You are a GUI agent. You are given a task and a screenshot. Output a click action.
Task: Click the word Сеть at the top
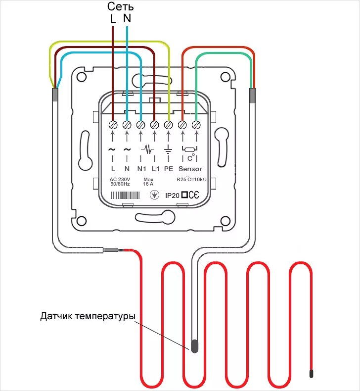pos(120,7)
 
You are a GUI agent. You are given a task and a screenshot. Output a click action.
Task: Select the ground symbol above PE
pos(168,149)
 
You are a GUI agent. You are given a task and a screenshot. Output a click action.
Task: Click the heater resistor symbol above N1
pos(147,148)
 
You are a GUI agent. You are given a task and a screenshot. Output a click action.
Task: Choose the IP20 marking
pos(172,196)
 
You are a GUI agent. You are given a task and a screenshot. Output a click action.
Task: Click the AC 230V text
pos(120,179)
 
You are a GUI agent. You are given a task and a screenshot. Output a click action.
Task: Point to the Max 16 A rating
pos(148,181)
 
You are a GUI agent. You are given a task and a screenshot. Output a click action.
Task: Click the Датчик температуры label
pos(88,316)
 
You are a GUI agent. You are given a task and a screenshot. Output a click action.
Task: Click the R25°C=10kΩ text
pos(191,179)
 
